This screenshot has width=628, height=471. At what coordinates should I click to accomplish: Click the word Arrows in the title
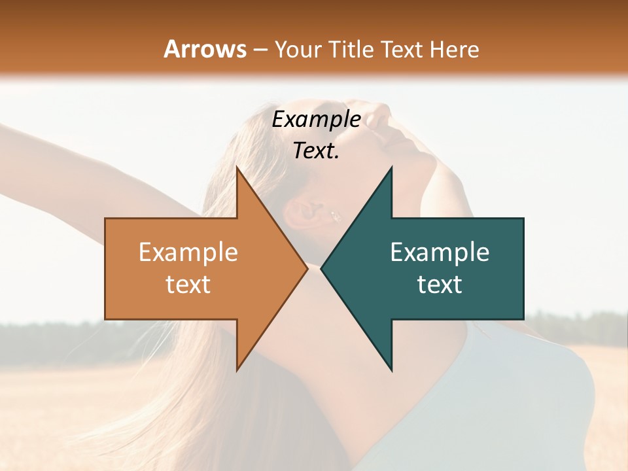click(x=205, y=49)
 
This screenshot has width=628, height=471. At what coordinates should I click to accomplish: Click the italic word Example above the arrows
click(x=316, y=120)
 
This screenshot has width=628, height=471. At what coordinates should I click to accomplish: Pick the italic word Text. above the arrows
click(x=316, y=151)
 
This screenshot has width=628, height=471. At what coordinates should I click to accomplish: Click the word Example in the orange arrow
click(x=188, y=253)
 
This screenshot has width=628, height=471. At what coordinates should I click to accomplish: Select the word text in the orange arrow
click(x=188, y=285)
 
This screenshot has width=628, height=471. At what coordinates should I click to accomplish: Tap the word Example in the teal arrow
click(x=440, y=253)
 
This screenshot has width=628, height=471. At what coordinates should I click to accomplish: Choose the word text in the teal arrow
click(x=440, y=285)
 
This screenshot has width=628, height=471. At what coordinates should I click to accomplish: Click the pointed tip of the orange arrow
click(x=307, y=269)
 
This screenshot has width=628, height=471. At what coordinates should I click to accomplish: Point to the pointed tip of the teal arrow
click(x=322, y=269)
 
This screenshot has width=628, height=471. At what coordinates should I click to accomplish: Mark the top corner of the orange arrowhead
click(x=237, y=167)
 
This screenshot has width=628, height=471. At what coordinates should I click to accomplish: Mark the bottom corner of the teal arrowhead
click(x=391, y=370)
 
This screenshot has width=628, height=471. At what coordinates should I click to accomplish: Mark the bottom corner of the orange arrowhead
click(x=237, y=370)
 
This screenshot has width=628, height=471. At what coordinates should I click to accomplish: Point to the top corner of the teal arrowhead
click(x=391, y=167)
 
